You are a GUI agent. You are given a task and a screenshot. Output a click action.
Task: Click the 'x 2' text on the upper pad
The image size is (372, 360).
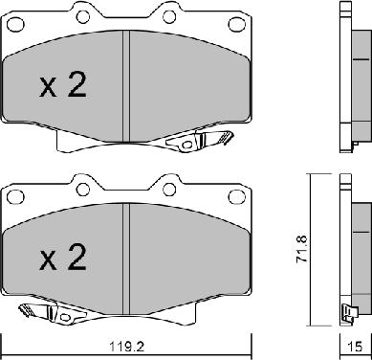click(x=63, y=88)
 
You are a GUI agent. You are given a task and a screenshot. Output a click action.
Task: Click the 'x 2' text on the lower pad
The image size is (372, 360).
click(x=63, y=258)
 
